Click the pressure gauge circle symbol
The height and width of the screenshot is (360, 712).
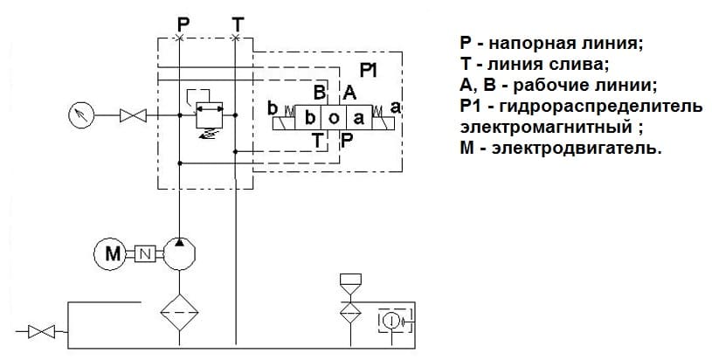[81, 114]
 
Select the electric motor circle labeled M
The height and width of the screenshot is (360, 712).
[110, 253]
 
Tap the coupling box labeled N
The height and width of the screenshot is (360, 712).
[145, 253]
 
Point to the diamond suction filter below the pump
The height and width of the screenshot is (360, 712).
[178, 310]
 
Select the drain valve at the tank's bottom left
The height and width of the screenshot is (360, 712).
[41, 331]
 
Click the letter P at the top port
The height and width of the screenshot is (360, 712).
[180, 21]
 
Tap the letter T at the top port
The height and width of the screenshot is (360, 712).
[238, 21]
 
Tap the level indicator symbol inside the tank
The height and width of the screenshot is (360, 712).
[391, 321]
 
